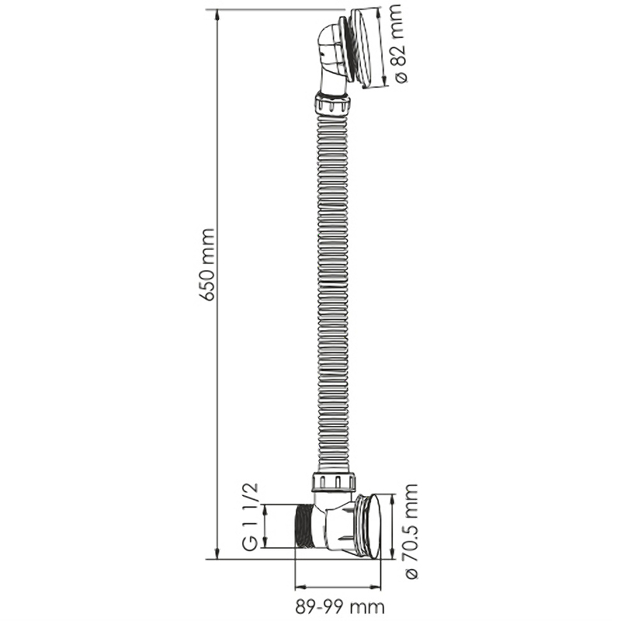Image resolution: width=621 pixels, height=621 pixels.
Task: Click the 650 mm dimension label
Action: click(x=208, y=265)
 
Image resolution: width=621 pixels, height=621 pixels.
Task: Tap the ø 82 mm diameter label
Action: click(x=400, y=44)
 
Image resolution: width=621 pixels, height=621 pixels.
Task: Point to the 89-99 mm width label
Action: click(x=340, y=606)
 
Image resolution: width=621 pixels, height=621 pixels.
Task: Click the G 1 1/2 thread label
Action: click(x=250, y=517)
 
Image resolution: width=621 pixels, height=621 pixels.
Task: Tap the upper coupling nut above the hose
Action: click(x=333, y=103)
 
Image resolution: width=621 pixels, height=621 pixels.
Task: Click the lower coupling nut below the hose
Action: click(x=334, y=481)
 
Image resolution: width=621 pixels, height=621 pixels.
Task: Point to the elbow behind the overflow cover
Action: click(x=329, y=60)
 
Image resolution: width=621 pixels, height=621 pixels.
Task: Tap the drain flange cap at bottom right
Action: click(x=368, y=526)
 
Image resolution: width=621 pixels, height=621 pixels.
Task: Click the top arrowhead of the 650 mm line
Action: click(x=217, y=15)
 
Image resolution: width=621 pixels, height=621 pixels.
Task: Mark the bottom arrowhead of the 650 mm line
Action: click(x=217, y=553)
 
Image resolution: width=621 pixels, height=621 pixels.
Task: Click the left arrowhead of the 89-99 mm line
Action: click(x=302, y=587)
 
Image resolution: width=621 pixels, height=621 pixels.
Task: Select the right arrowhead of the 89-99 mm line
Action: click(x=374, y=587)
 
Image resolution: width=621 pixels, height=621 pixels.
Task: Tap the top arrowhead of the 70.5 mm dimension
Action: click(x=393, y=500)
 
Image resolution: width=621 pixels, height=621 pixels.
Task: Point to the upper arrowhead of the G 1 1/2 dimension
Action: click(x=265, y=511)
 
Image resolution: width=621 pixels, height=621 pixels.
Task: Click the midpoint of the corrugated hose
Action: click(x=333, y=293)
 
